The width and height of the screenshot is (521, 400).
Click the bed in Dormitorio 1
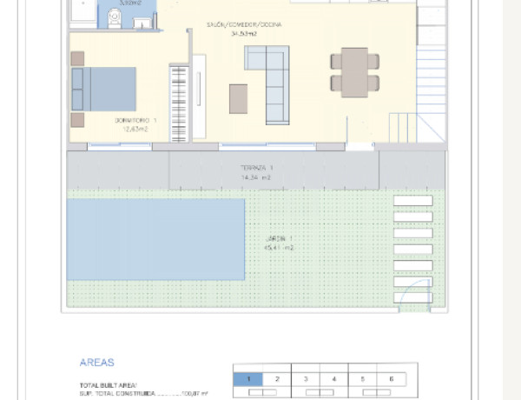(x=104, y=89)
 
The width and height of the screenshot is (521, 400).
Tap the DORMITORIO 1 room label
(x=135, y=120)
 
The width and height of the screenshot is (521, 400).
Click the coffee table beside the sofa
(x=238, y=98)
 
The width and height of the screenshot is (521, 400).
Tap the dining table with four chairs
(x=354, y=72)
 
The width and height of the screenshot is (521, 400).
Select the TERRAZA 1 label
(x=257, y=167)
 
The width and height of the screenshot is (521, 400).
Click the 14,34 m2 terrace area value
(x=256, y=177)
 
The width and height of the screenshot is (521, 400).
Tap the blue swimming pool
(x=155, y=239)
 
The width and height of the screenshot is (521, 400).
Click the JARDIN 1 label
(x=279, y=238)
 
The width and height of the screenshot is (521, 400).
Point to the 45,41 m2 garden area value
(x=279, y=248)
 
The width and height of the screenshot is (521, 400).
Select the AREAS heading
(x=96, y=363)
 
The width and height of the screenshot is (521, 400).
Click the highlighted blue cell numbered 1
(x=248, y=379)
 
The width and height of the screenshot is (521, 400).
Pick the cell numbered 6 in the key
(x=392, y=379)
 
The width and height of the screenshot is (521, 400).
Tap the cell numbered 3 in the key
(x=306, y=379)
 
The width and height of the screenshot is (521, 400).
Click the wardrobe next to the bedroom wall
(x=179, y=100)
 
